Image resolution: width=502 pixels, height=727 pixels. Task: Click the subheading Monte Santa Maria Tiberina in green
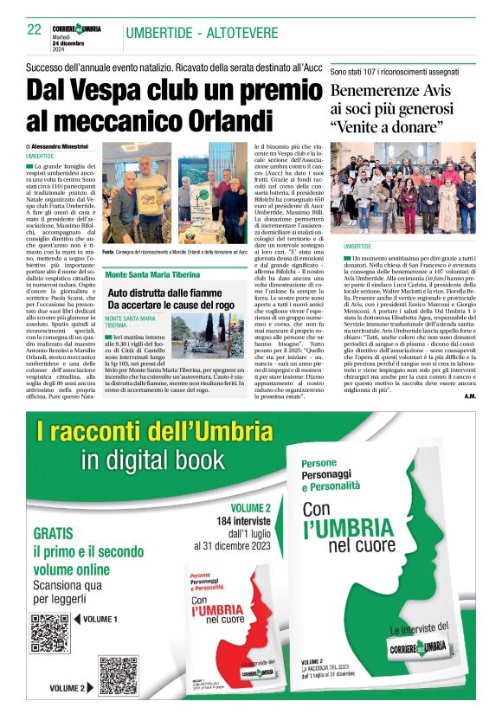point(151,274)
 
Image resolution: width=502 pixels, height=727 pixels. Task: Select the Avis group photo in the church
point(402,191)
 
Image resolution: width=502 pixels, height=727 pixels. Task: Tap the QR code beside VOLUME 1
point(50,631)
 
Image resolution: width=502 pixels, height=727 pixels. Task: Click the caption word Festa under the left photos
point(108,252)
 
